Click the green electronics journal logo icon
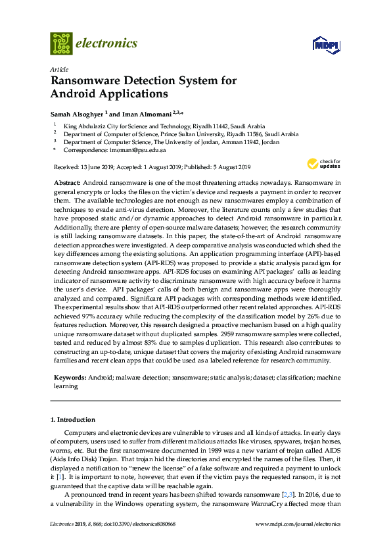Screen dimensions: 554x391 click(61, 43)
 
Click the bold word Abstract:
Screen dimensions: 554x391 click(66, 181)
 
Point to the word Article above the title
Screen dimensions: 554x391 click(58, 68)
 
